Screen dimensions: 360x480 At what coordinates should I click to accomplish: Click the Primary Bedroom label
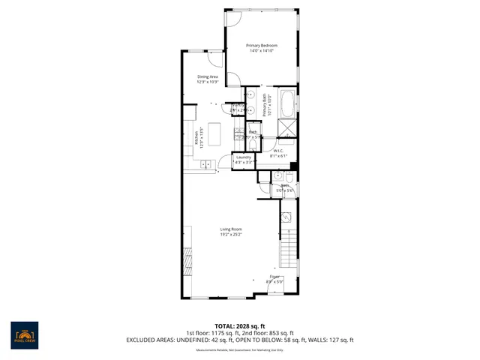[261, 46]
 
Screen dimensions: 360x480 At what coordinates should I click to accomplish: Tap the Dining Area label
[208, 76]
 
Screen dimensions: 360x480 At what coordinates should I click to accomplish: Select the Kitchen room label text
[196, 138]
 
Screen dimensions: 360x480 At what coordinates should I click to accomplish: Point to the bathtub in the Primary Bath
[287, 103]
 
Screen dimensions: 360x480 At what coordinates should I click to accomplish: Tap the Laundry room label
[243, 157]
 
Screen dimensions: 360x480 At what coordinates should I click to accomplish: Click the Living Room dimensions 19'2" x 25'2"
[230, 235]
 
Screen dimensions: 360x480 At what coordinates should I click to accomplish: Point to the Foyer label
[275, 277]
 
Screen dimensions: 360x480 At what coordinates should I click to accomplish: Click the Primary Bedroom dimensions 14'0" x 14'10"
[261, 51]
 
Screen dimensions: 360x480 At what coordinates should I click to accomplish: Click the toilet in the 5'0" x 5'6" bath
[289, 175]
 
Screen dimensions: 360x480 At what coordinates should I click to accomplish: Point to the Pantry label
[238, 106]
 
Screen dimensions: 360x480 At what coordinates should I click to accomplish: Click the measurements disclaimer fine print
[239, 349]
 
